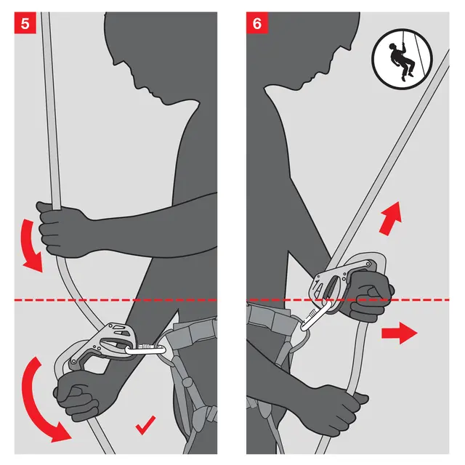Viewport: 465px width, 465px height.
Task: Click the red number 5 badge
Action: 25,23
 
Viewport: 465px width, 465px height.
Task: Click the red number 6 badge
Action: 257,23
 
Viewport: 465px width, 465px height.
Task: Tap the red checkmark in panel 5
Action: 145,425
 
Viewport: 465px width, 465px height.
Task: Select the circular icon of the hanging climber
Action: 402,60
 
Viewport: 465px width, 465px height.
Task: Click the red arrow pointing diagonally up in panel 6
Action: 391,218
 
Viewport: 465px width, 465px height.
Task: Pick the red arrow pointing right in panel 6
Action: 400,333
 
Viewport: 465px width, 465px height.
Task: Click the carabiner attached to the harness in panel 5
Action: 145,350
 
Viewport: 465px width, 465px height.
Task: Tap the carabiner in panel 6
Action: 316,316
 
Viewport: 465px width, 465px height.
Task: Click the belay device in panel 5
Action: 98,346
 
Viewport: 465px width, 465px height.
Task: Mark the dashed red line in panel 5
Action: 116,300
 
